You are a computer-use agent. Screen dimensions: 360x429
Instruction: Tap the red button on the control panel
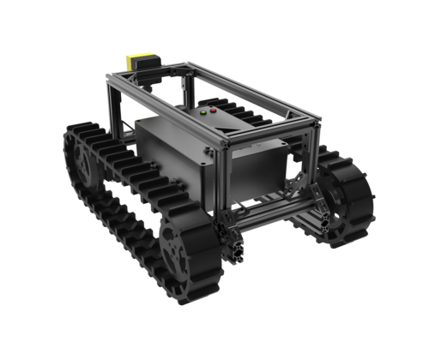[x=213, y=111]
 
